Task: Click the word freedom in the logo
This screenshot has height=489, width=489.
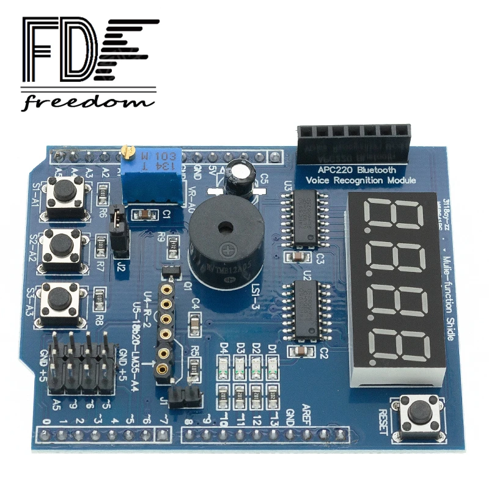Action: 89,101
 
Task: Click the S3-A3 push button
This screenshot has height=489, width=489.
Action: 60,300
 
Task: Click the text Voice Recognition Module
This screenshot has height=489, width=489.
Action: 360,180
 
